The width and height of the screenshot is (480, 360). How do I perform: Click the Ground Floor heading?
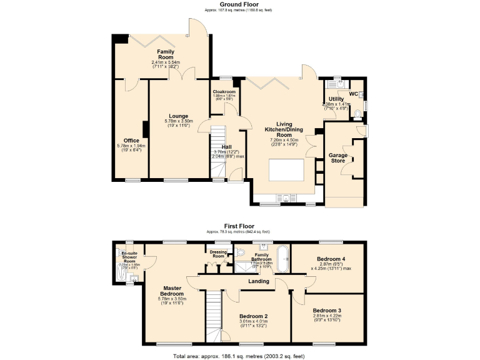coord(239,4)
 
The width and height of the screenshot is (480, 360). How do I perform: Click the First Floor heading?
coord(239,226)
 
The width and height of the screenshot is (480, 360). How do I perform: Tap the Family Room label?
coord(166,55)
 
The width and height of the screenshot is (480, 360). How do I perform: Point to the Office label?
coord(131,141)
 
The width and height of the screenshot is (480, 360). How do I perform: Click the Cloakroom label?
coord(224,92)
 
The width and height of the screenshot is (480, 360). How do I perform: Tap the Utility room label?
coord(336,99)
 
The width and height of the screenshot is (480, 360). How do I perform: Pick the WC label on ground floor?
coord(353,94)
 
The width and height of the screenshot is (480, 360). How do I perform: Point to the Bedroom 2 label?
coord(252,316)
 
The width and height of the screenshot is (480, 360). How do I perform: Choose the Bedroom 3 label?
coord(327,311)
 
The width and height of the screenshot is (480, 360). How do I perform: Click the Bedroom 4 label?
coord(331,259)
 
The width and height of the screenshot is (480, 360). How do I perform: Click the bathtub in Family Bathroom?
coord(283,259)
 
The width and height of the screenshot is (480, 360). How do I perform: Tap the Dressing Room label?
coord(218,254)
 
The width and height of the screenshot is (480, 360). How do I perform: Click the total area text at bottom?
coord(239,355)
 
